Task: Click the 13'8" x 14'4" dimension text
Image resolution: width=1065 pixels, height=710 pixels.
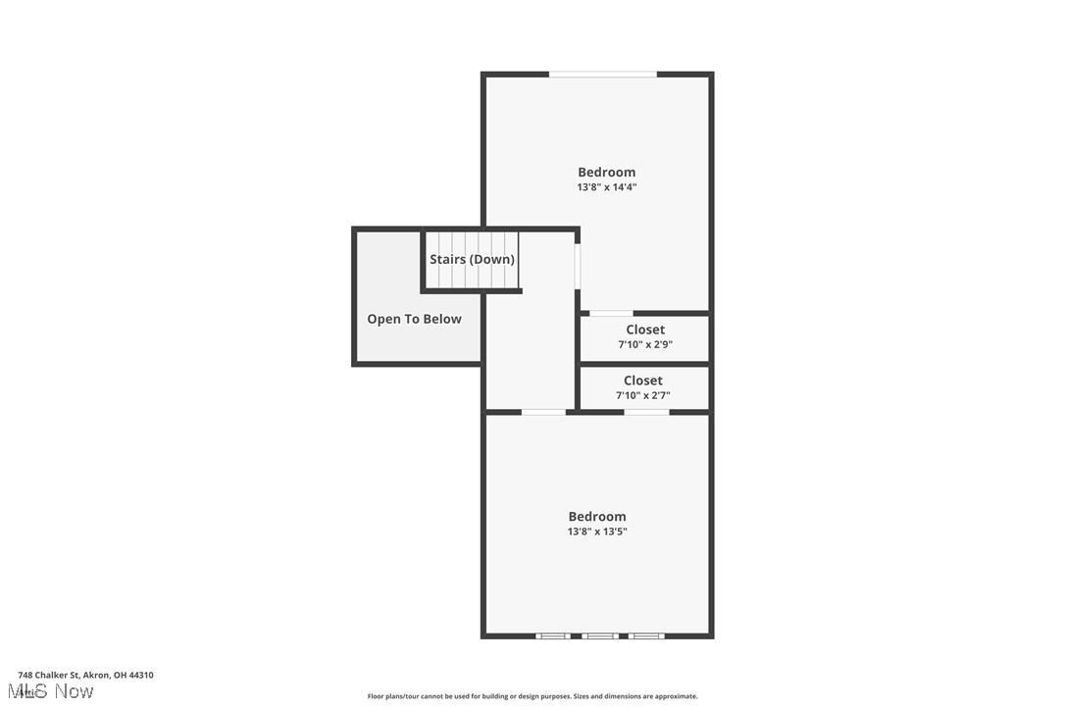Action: click(x=607, y=187)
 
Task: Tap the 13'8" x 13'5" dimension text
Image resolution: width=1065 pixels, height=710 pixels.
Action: click(x=597, y=532)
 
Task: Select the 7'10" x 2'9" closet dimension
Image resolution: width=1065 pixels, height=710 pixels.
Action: click(x=645, y=344)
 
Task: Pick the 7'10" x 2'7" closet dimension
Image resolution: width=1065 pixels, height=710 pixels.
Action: click(x=643, y=395)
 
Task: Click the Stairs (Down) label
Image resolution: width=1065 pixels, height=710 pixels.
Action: click(x=473, y=260)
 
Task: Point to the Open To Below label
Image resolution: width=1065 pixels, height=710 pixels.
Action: click(x=414, y=319)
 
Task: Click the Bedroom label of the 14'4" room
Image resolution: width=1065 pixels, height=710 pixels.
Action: click(x=607, y=172)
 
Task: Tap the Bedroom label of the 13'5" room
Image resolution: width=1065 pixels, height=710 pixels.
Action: click(x=597, y=516)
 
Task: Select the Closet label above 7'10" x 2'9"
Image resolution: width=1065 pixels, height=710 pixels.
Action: click(x=645, y=330)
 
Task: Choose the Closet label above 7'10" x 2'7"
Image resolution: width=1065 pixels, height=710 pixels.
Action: click(x=643, y=380)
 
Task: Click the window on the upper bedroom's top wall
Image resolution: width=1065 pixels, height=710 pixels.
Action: click(x=602, y=74)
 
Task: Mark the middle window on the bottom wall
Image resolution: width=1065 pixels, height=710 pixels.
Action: click(x=599, y=636)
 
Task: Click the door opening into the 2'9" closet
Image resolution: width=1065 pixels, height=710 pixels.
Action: click(x=611, y=313)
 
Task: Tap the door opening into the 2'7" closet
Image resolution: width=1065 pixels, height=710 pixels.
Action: click(x=646, y=412)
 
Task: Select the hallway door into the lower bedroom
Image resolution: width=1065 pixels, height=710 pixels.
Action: click(x=543, y=412)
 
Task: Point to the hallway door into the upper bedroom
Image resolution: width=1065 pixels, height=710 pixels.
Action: click(x=578, y=266)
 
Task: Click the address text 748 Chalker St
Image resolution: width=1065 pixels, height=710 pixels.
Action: click(x=85, y=675)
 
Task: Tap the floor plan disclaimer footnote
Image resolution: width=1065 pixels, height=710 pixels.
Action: click(x=532, y=696)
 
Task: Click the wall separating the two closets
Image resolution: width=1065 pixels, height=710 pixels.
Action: click(x=644, y=364)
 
